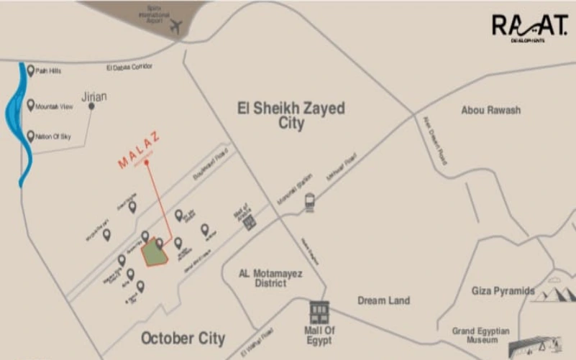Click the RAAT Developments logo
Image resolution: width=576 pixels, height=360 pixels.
coord(529,27)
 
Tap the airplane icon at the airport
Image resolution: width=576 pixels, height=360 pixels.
coord(176,27)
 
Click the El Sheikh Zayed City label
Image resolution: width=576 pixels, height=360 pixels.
coord(291,116)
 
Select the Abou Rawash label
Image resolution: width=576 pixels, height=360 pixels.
coord(491,110)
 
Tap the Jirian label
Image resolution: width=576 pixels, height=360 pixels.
coord(94,96)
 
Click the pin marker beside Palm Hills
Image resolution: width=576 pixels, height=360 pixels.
coord(30,70)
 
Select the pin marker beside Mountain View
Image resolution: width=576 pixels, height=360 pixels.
coord(30,105)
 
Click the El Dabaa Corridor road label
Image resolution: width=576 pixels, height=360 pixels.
coord(129,67)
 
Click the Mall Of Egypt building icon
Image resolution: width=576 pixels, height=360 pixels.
coord(319,312)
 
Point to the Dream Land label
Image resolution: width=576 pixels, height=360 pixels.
coord(383,300)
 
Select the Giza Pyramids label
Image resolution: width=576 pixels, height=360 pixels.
coord(503,291)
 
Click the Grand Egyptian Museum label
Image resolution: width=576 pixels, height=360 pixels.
coord(480,336)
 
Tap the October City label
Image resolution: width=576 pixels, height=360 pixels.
coord(183,338)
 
